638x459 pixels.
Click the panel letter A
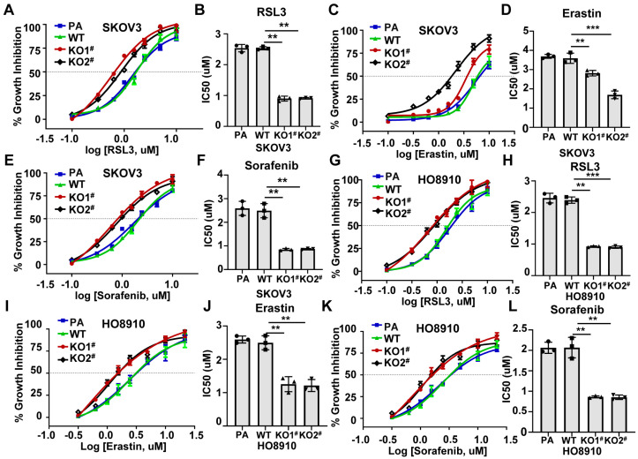pos(8,10)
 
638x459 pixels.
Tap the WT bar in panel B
pos(263,87)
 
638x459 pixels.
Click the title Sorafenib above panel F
pos(266,165)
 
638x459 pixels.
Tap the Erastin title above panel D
pos(582,13)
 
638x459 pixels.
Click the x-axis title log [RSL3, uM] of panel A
pos(122,150)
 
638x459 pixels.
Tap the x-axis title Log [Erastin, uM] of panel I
pos(123,447)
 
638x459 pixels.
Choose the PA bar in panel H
pos(551,237)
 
